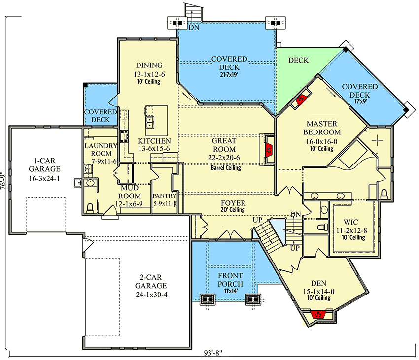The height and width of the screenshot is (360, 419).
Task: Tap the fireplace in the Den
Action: [318, 314]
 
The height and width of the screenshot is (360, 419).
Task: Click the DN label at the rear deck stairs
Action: [194, 28]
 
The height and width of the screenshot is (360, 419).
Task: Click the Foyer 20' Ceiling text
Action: [233, 210]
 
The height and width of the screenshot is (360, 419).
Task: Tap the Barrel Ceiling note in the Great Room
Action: [226, 168]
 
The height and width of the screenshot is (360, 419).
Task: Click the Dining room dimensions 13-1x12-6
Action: [149, 74]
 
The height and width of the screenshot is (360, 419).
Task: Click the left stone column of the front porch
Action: [208, 299]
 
